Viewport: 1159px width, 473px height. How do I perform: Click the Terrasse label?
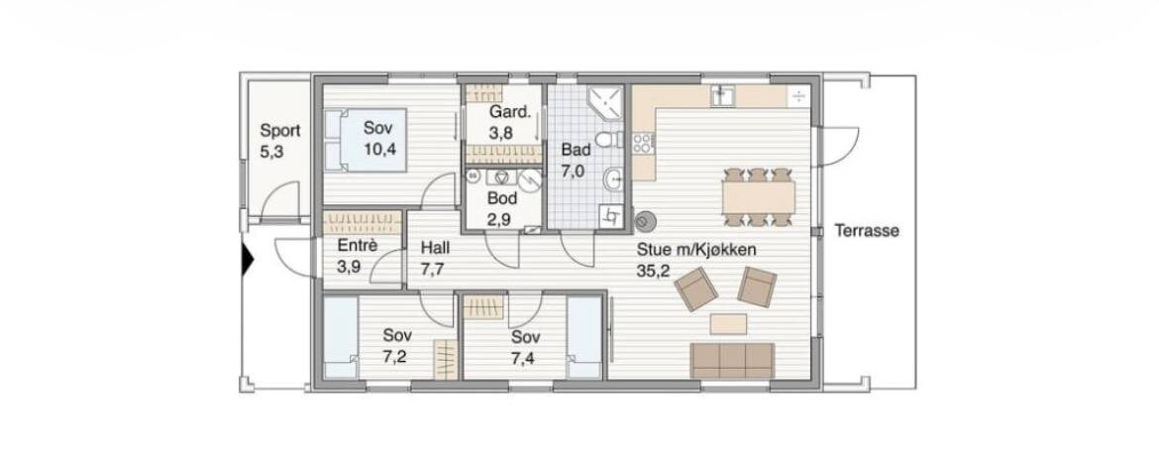coord(867,231)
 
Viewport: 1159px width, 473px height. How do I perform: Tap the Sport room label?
coord(280,132)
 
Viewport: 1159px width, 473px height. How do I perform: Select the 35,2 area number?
coord(653,271)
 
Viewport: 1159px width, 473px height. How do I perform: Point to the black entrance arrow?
coord(248,262)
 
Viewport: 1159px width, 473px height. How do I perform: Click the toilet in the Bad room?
coord(608,139)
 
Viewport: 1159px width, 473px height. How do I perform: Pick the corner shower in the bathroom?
coord(603,101)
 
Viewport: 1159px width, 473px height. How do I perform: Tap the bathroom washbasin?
coord(613,178)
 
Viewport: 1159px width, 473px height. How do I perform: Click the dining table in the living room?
coord(759,197)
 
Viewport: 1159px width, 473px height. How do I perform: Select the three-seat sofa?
coord(732,361)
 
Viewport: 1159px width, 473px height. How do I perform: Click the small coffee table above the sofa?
coord(729,323)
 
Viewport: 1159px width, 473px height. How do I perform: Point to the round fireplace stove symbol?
coord(645,220)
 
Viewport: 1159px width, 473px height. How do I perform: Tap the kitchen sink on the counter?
coord(722,95)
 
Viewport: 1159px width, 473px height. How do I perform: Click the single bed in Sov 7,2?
coord(341,336)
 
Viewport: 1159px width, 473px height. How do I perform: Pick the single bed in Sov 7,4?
coord(584,337)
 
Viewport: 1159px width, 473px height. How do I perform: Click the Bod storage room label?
coord(502,198)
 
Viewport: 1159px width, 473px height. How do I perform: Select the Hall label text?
coord(435,248)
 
